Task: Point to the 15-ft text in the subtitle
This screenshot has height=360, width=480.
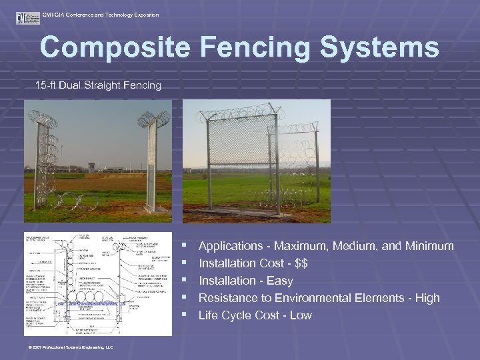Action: pyautogui.click(x=46, y=85)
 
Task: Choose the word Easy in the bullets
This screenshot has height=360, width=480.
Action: pyautogui.click(x=279, y=281)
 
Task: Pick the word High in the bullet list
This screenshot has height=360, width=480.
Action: pyautogui.click(x=427, y=298)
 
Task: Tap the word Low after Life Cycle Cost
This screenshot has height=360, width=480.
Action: pyautogui.click(x=301, y=315)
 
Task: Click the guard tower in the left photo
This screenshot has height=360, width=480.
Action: pyautogui.click(x=91, y=167)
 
